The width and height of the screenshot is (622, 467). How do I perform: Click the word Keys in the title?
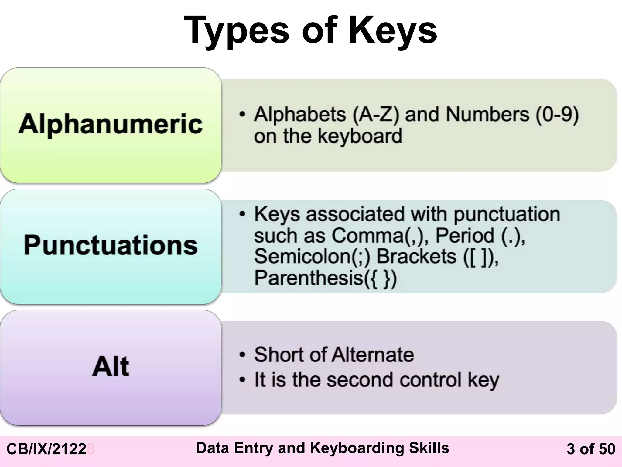(x=393, y=30)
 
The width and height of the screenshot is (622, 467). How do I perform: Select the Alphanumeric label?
(x=111, y=124)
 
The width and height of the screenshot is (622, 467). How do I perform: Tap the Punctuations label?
(x=111, y=245)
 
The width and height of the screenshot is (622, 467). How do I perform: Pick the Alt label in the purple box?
(x=111, y=366)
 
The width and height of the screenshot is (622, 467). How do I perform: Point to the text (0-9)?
(x=557, y=115)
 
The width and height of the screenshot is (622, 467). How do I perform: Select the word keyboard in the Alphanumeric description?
(x=360, y=136)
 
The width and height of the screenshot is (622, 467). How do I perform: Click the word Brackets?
(x=416, y=256)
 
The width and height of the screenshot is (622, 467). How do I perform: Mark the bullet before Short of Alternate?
(x=242, y=355)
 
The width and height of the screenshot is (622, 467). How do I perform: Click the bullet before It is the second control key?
(x=242, y=380)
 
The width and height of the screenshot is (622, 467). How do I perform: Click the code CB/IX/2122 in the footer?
(x=46, y=449)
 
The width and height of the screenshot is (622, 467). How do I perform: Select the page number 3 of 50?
(x=591, y=449)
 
